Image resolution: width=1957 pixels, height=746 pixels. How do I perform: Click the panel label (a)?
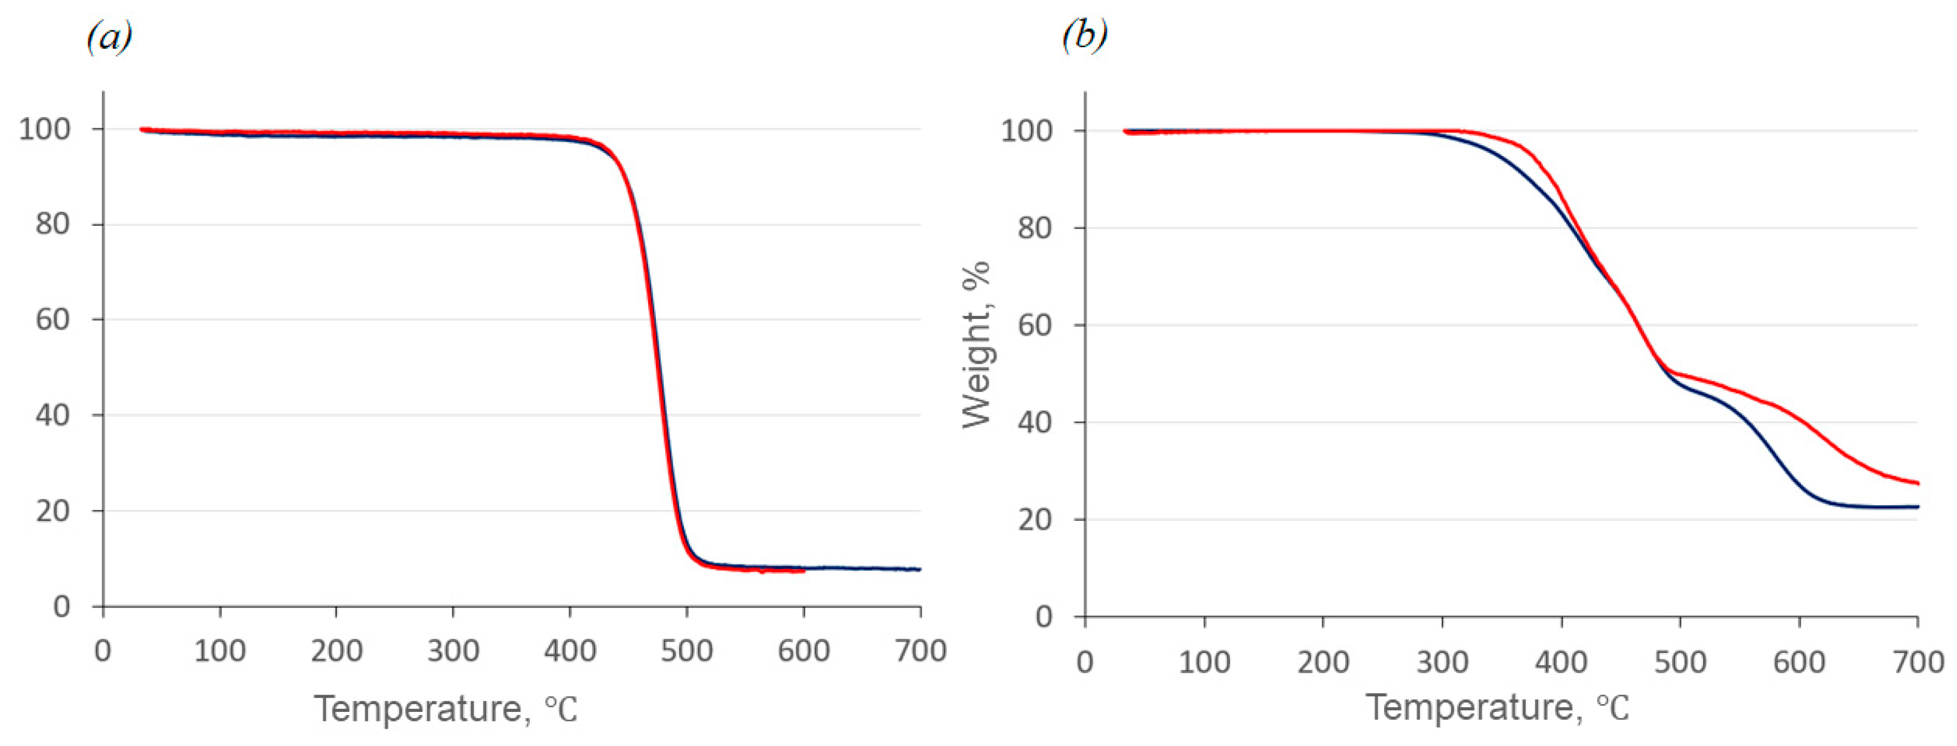[x=109, y=36]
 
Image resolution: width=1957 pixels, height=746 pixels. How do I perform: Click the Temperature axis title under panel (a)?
[x=446, y=709]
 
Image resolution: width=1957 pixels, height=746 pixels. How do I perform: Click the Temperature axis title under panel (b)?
[x=1498, y=707]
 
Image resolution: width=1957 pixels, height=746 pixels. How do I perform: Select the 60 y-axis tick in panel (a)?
[x=53, y=320]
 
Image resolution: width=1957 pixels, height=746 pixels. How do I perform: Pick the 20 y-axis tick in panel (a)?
[x=53, y=511]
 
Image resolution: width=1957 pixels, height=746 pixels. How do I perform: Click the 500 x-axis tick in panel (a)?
[x=687, y=651]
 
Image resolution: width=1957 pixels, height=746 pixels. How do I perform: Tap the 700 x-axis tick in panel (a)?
[x=920, y=651]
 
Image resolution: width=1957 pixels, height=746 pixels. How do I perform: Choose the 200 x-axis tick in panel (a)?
[x=336, y=651]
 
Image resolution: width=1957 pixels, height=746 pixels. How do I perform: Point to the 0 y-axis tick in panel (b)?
[x=1045, y=617]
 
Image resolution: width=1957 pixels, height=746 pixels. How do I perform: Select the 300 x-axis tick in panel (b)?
[x=1442, y=662]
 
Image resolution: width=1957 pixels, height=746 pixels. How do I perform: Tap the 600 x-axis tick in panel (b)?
[x=1799, y=662]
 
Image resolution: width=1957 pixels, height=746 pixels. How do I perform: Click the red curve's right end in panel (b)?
[x=1918, y=483]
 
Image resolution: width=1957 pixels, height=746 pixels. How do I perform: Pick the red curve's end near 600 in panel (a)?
[x=803, y=570]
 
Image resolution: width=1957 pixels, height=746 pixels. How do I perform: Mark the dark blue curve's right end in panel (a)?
[x=920, y=569]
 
